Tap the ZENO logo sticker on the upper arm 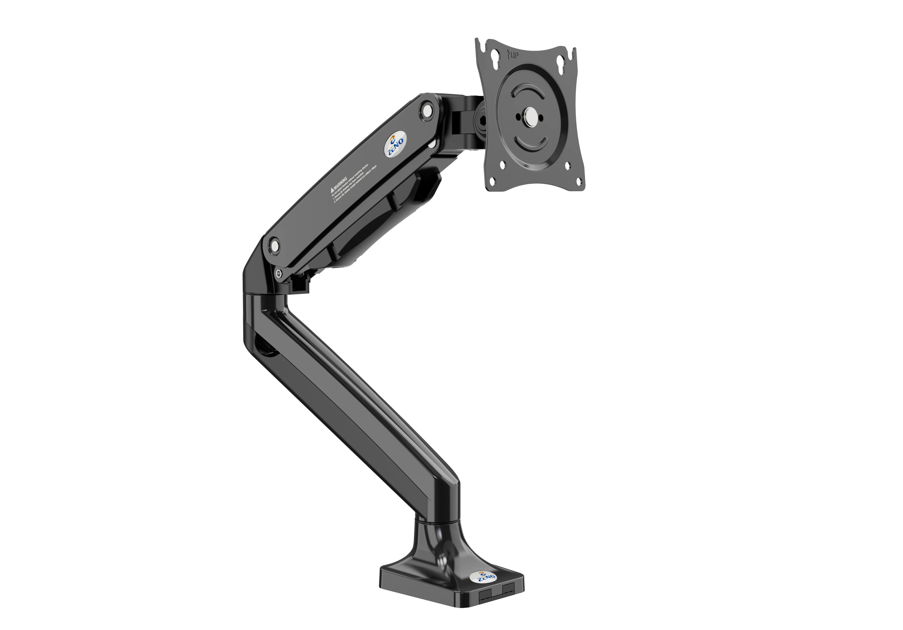[396, 145]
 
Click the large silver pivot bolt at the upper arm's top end [427, 110]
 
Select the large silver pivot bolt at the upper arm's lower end [274, 246]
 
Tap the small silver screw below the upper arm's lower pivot [278, 274]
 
